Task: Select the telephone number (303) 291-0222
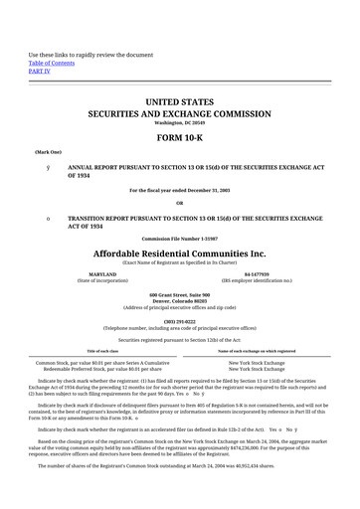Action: click(180, 320)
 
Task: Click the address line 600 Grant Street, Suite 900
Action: click(180, 296)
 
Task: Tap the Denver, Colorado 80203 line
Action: click(180, 303)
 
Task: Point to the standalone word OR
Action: click(179, 202)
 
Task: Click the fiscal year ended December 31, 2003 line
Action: click(180, 189)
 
